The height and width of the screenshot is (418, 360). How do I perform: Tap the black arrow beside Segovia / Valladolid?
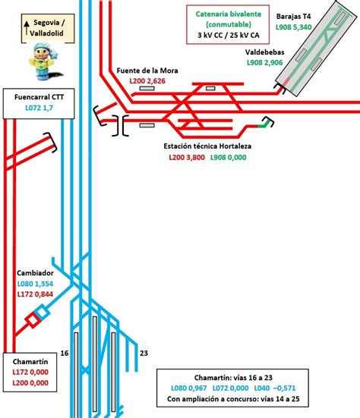coord(27,28)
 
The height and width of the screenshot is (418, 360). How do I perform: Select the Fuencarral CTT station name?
coord(39,97)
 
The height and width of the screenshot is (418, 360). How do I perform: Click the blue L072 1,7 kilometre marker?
coord(39,108)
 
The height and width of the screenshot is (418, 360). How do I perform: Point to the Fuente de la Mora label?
coord(147,71)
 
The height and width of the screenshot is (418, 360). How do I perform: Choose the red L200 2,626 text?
coord(147,81)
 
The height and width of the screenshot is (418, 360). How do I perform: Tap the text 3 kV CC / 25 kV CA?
coord(228,35)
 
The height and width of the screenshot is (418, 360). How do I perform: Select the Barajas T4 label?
coord(294,17)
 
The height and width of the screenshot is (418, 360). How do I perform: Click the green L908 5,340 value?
coord(294,27)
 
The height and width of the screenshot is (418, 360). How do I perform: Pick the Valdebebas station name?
coord(265,52)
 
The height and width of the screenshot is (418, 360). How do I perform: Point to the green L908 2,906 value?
coord(265,63)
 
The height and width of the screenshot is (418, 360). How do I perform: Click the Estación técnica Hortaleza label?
coord(207,146)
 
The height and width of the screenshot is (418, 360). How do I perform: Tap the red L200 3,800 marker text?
coord(187,157)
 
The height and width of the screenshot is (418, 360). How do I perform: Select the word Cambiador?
coord(35,273)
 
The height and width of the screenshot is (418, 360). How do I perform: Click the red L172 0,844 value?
coord(35,294)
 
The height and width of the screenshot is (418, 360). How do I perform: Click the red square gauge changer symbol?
coord(33,320)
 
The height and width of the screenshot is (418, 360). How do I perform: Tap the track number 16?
coord(65,354)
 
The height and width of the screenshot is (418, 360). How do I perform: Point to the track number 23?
coord(144,354)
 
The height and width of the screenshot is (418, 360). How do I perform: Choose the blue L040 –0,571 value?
coord(275,388)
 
